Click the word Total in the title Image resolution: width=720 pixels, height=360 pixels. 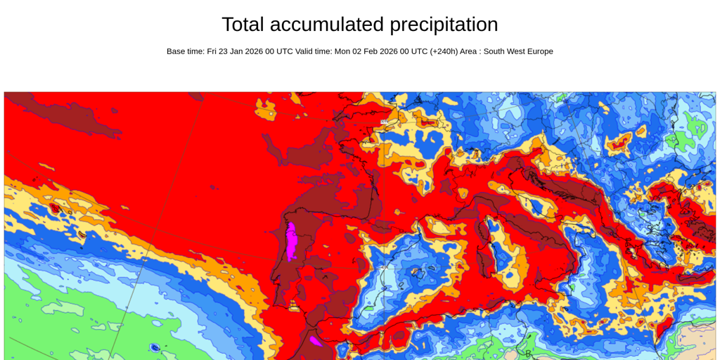[243, 25]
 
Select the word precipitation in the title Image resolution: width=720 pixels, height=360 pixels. [444, 25]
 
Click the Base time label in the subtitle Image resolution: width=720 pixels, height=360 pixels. [186, 51]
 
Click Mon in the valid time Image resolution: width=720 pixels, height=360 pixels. [343, 51]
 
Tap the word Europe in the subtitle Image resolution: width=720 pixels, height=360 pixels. [538, 51]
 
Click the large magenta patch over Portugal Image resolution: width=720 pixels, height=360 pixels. [290, 240]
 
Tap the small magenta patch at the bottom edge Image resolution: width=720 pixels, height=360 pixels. [316, 341]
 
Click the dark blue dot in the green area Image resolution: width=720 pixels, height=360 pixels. [155, 347]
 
